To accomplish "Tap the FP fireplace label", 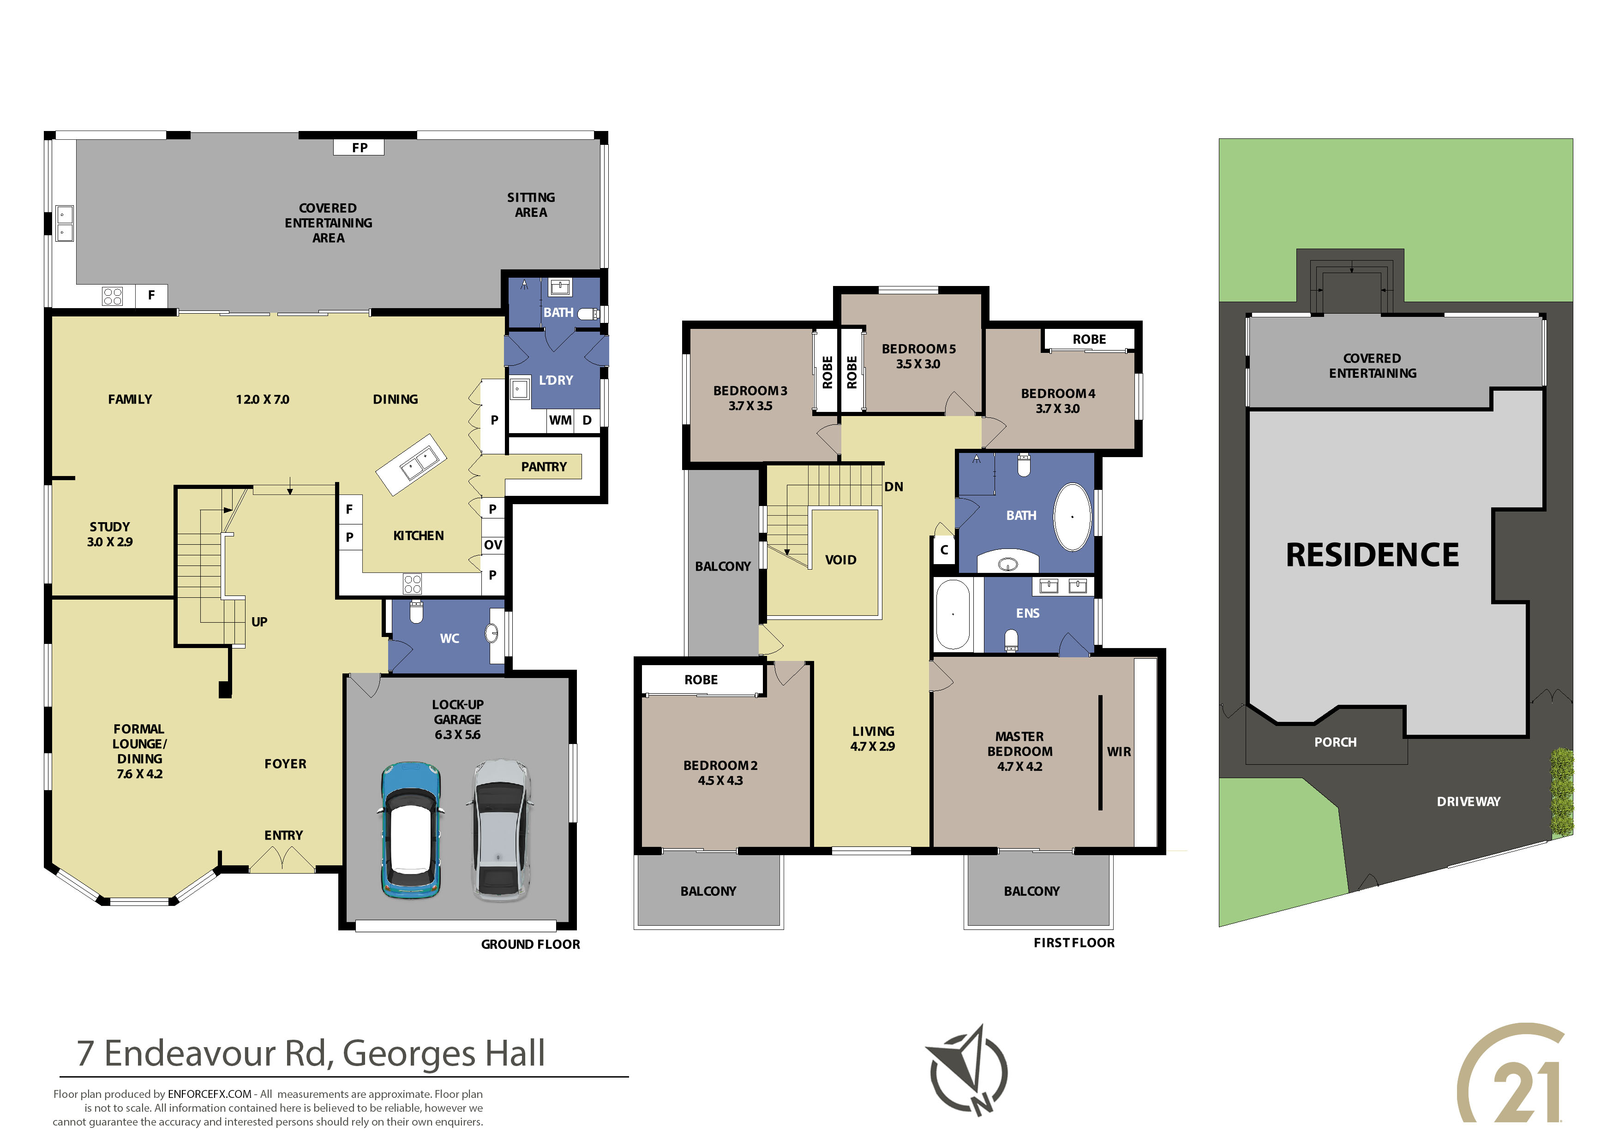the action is coord(360,147).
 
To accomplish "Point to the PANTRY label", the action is coord(544,467).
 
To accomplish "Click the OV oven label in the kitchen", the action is coord(493,545).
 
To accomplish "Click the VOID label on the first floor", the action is coord(840,560).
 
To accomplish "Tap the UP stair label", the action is coord(259,622).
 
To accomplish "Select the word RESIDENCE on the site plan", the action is coord(1372,555).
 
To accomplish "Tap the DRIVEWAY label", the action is coord(1469,801).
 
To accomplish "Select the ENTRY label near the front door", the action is coord(283,835).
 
